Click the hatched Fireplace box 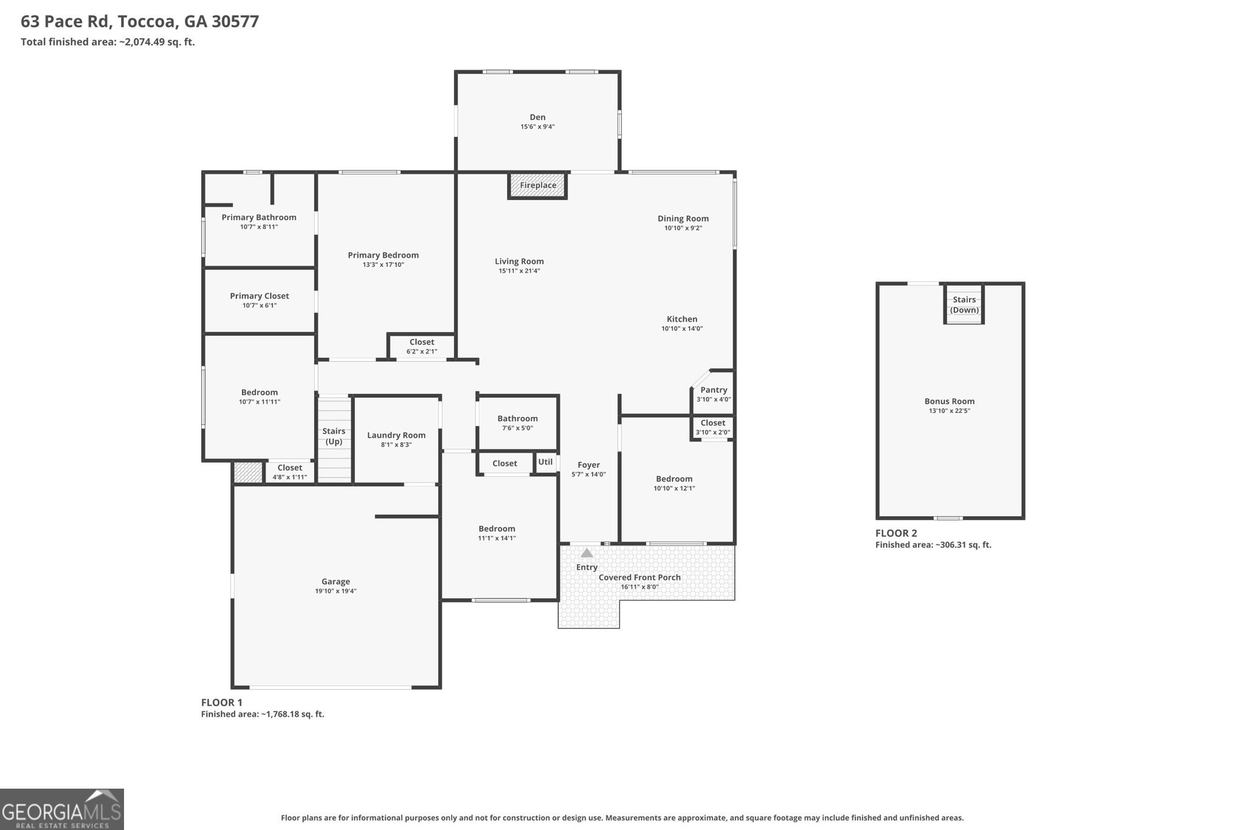point(537,185)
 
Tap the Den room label point(537,117)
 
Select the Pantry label point(714,390)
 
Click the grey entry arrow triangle point(587,553)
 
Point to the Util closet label point(545,462)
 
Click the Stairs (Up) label point(334,436)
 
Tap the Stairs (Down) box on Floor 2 point(964,303)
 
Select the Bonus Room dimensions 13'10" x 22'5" point(950,410)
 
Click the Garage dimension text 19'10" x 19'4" point(336,591)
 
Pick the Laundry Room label point(396,435)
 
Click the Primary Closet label point(260,296)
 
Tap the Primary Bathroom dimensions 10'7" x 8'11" point(259,227)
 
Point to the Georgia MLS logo point(62,809)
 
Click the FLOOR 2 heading point(896,533)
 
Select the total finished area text point(108,42)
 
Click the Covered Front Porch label point(640,577)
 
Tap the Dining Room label point(683,218)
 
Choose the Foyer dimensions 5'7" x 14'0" point(588,474)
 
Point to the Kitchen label point(682,319)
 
